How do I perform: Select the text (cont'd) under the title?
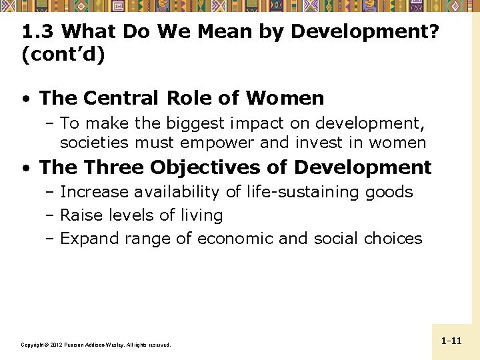click(63, 55)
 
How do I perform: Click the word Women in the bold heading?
click(285, 99)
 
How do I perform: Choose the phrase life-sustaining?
click(303, 192)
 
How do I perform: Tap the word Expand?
click(86, 239)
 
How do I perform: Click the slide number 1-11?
click(451, 341)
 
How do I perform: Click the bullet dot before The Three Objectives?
click(25, 168)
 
